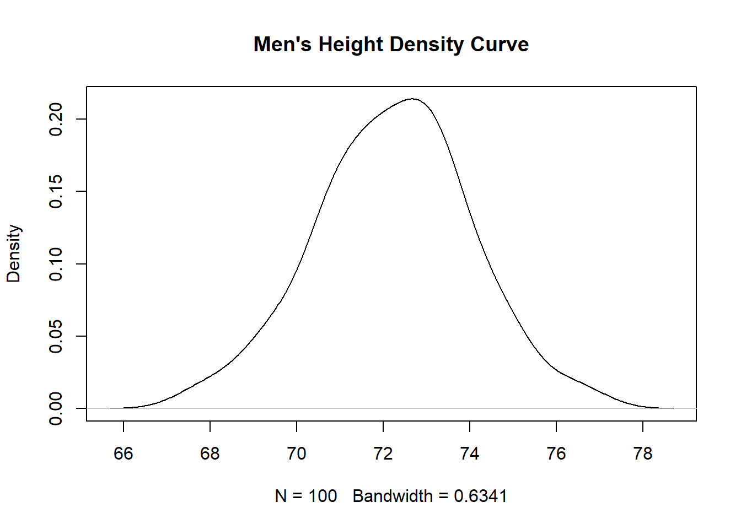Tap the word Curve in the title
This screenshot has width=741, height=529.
[500, 45]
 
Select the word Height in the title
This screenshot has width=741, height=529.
[351, 45]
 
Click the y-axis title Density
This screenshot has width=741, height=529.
[14, 253]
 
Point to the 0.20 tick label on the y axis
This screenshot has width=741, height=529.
[56, 119]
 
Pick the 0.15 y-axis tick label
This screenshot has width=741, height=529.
[56, 191]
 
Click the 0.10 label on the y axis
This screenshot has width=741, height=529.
[56, 264]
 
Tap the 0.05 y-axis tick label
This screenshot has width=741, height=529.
[56, 336]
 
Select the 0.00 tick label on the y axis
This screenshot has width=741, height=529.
[56, 408]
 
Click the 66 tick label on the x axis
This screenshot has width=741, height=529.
[123, 454]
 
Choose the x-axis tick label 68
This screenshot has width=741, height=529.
[210, 454]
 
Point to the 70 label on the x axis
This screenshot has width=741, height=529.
[297, 454]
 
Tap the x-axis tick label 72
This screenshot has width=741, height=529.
[383, 454]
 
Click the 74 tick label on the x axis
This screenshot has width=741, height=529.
[470, 454]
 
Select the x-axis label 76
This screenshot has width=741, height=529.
[556, 454]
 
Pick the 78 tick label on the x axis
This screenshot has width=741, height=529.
[643, 454]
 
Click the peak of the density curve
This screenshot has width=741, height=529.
[412, 99]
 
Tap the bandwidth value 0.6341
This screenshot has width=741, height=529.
[480, 496]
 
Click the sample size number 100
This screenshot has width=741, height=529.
[323, 496]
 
